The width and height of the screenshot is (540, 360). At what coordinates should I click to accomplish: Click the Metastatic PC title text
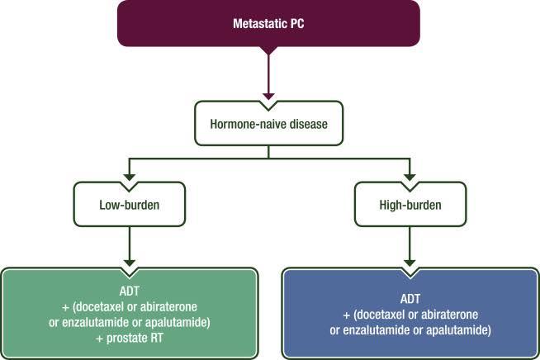point(268,23)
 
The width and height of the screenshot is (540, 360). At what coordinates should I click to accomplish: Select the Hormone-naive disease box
point(268,123)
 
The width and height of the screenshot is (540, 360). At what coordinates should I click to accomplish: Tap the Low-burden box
point(129,204)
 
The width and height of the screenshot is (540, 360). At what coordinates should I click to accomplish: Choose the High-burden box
point(410,204)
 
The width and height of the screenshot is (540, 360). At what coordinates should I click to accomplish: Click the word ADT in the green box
point(129,291)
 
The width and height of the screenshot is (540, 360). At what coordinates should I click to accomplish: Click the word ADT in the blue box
point(410,299)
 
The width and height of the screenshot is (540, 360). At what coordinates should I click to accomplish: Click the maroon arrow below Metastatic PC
point(268,73)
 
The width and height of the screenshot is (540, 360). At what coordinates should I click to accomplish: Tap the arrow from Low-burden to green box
point(129,246)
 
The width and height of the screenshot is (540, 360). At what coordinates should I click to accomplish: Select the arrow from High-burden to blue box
point(410,246)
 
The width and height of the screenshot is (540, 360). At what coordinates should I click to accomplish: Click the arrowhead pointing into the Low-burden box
point(129,177)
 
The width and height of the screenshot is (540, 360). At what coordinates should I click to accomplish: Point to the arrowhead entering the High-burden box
point(410,177)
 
